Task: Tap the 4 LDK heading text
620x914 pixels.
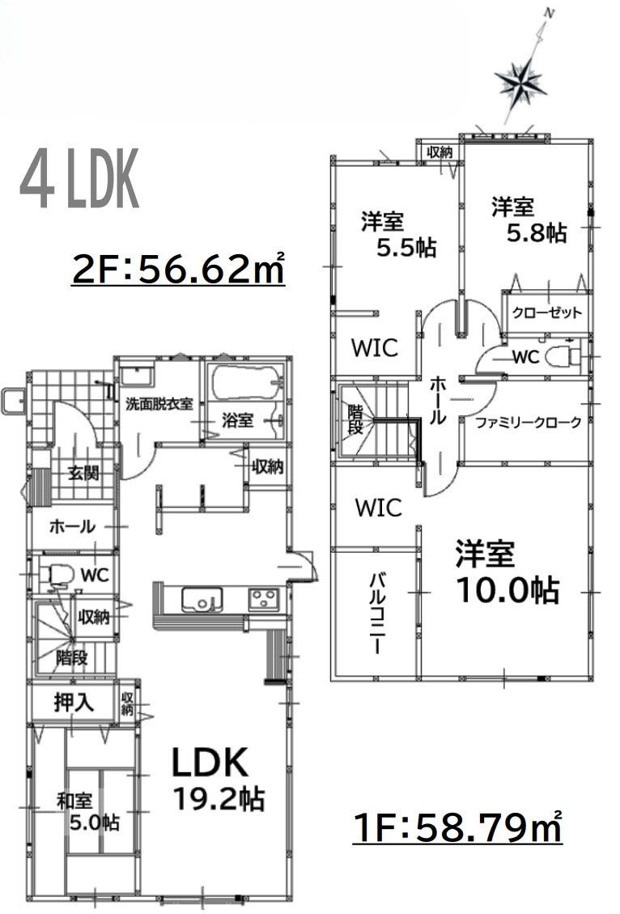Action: pos(79,180)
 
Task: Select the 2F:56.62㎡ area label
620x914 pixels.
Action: pos(178,269)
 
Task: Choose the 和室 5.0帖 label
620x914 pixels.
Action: pos(88,812)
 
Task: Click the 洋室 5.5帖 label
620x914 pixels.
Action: pos(396,234)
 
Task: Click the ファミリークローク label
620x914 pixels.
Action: pos(528,422)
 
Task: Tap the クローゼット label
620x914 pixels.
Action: pos(546,313)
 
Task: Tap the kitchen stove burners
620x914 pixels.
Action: pos(262,599)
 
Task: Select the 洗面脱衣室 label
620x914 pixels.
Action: pos(159,403)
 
